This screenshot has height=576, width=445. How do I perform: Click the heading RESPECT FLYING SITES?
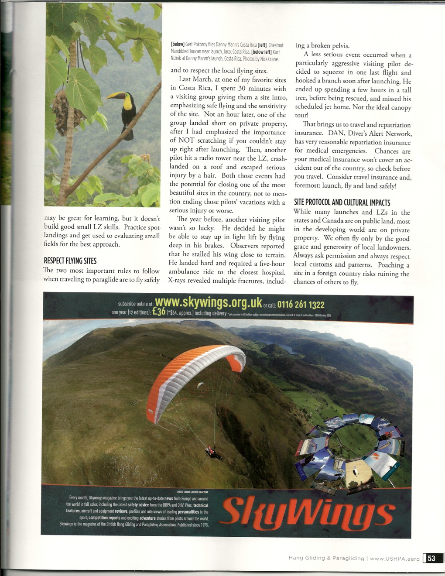(x=70, y=261)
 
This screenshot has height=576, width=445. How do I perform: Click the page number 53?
(x=431, y=558)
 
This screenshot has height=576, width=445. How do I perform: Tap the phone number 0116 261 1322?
(x=301, y=304)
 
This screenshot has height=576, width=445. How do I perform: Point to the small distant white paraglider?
(x=200, y=385)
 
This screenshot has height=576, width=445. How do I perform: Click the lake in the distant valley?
(x=288, y=348)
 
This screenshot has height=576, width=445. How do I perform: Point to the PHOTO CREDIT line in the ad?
(x=192, y=491)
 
